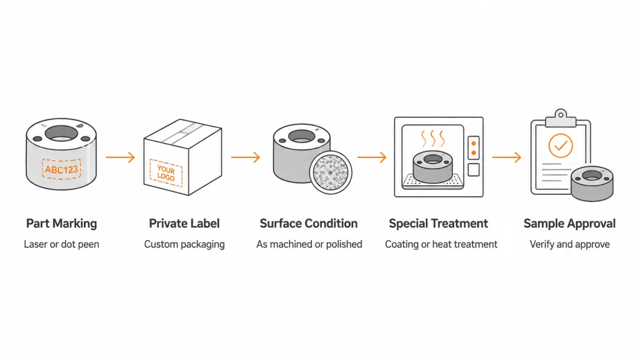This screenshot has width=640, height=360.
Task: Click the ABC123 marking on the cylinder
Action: coord(61,170)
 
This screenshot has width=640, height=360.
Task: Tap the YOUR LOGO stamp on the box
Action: coord(166,173)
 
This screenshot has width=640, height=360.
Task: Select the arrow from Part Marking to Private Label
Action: coord(121,157)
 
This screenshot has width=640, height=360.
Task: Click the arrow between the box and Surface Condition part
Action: coord(246,157)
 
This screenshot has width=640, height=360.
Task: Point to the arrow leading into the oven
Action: coord(372,157)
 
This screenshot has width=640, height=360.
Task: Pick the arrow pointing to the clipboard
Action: coord(507,157)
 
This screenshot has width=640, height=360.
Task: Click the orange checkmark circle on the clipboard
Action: coord(561,146)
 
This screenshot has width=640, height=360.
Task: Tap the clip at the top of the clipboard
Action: coord(561,118)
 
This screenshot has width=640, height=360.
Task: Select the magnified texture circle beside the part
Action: coord(331,172)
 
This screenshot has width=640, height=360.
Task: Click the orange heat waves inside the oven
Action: coord(433,139)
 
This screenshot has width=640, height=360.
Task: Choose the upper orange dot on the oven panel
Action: coord(474,143)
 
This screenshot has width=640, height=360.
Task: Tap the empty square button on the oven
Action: coord(474,170)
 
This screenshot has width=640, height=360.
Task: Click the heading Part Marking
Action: coord(61,223)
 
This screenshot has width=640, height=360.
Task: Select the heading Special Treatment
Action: coord(438,223)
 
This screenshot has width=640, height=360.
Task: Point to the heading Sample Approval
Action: coord(570,223)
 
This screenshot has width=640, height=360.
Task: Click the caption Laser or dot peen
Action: coord(61,244)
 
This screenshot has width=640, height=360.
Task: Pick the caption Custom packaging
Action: coord(185,244)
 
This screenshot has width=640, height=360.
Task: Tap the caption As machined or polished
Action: coord(309,244)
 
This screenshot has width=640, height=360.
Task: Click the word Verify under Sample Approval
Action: coord(541,244)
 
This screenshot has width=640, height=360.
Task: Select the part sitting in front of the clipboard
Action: coord(592,183)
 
